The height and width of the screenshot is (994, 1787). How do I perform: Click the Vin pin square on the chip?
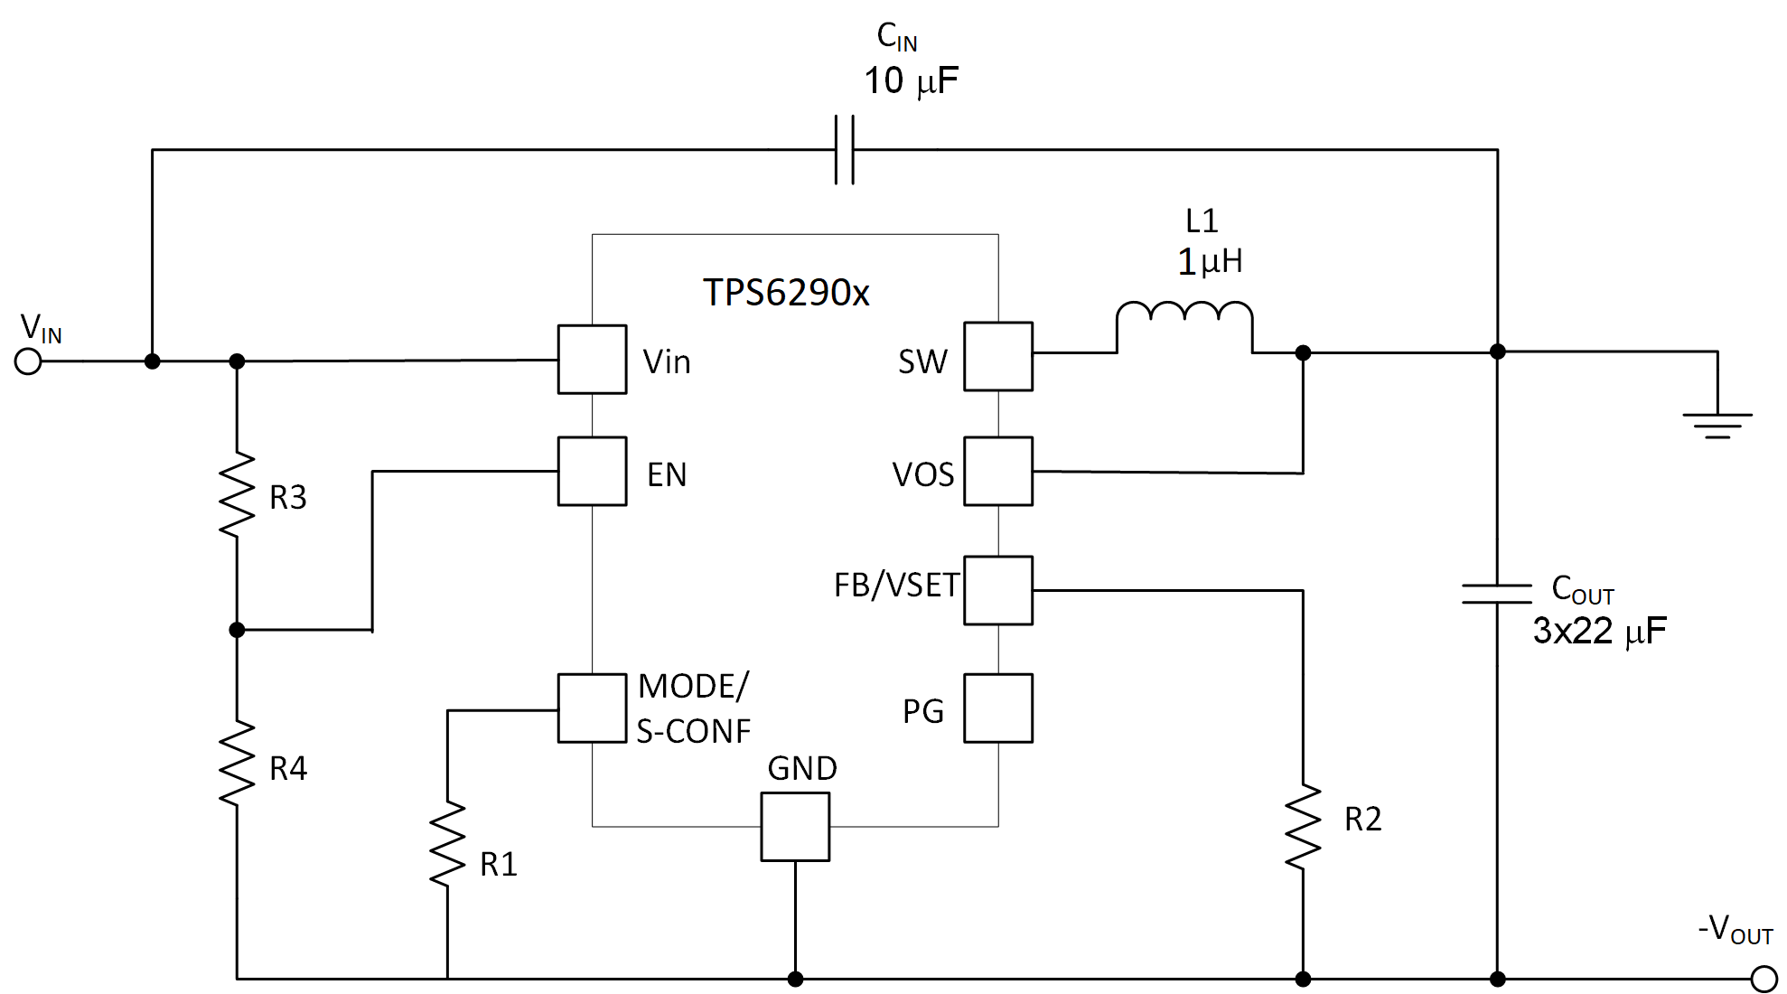pyautogui.click(x=592, y=360)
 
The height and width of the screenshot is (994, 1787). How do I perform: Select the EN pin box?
pyautogui.click(x=592, y=472)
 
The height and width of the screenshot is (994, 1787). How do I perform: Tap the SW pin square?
pyautogui.click(x=997, y=357)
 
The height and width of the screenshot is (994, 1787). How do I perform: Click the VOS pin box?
pyautogui.click(x=997, y=472)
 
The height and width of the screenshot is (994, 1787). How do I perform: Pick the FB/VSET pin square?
pyautogui.click(x=997, y=590)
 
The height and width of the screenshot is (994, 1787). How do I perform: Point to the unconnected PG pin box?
pyautogui.click(x=997, y=708)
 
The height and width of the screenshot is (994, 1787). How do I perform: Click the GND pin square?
pyautogui.click(x=795, y=827)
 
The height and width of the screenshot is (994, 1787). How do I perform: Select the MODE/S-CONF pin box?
pyautogui.click(x=592, y=708)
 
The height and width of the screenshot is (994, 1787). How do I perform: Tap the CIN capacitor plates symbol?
pyautogui.click(x=844, y=150)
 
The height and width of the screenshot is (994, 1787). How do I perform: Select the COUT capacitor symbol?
pyautogui.click(x=1497, y=594)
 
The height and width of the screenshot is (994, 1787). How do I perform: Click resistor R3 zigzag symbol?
pyautogui.click(x=237, y=495)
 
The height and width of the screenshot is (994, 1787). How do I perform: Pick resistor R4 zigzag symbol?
pyautogui.click(x=237, y=764)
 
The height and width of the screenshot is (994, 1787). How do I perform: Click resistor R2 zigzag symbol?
pyautogui.click(x=1303, y=827)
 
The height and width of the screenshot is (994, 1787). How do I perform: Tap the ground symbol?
pyautogui.click(x=1717, y=423)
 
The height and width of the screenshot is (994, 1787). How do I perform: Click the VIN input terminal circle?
pyautogui.click(x=28, y=361)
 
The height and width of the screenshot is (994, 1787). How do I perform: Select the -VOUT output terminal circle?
pyautogui.click(x=1763, y=979)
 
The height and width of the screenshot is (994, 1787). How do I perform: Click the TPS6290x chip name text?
pyautogui.click(x=786, y=293)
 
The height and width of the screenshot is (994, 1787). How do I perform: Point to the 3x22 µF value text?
pyautogui.click(x=1599, y=631)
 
